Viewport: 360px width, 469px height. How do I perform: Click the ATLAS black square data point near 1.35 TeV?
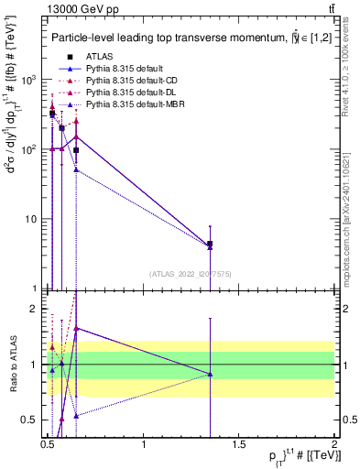(x=211, y=245)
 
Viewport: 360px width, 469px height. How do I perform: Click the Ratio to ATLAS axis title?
(x=11, y=365)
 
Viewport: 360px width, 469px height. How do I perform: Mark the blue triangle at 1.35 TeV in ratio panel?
(x=211, y=374)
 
